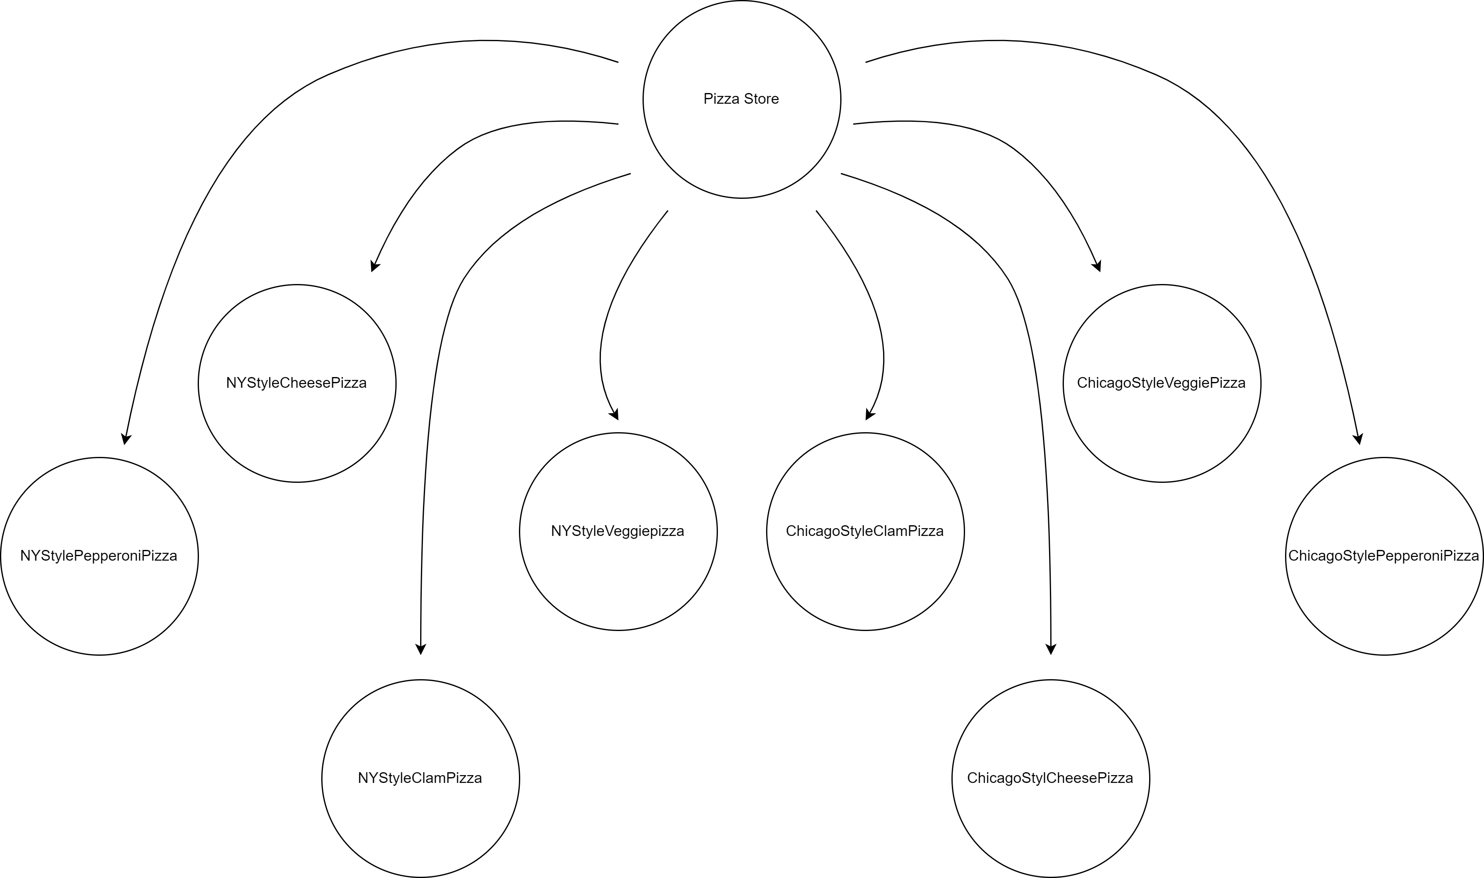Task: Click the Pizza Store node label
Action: [741, 99]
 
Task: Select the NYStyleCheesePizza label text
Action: [296, 383]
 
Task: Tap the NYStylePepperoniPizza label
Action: [98, 556]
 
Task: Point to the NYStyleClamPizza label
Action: [420, 778]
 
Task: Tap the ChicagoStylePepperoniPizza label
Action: [1384, 556]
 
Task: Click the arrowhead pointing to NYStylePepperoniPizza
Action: [126, 438]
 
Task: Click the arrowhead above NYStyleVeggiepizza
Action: [615, 414]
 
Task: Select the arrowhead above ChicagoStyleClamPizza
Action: [869, 414]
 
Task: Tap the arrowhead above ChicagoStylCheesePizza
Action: [1051, 648]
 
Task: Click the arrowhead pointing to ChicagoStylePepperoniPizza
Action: [1358, 438]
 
